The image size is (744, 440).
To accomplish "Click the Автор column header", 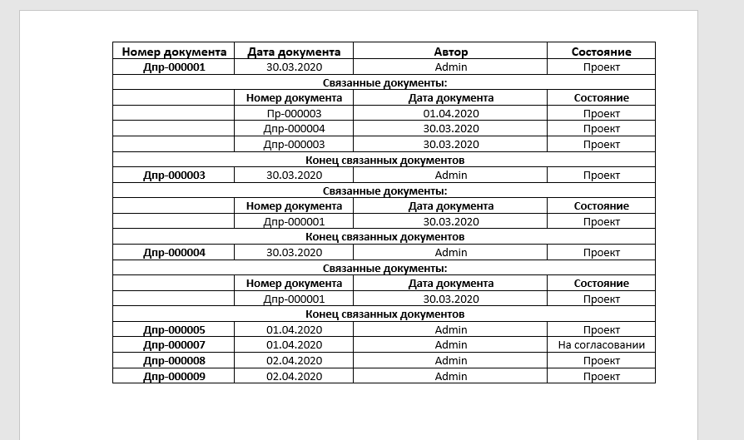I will click(450, 52).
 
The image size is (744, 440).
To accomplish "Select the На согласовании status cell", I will click(601, 345).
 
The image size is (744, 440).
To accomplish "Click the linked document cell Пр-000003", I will click(294, 113).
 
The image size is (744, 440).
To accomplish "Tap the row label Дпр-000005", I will click(174, 330).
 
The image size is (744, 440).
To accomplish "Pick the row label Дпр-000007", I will click(174, 345).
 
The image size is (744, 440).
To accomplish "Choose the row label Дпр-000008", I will click(174, 361).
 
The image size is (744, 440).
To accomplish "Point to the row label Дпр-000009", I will click(174, 376).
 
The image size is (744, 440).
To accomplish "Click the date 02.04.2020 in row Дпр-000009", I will click(294, 376).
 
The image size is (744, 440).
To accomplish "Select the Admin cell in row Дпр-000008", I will click(450, 361).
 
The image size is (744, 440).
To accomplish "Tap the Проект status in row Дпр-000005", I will click(601, 330).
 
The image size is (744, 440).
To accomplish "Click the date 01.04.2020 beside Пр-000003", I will click(450, 113).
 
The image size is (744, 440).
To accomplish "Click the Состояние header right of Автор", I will click(601, 52).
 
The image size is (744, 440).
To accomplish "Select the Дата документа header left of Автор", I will click(294, 52).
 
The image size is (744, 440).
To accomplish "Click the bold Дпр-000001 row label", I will click(174, 67).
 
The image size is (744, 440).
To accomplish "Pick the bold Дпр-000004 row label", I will click(174, 252).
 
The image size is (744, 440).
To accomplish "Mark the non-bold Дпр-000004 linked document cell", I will click(294, 129).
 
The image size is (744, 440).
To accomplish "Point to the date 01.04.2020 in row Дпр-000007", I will click(294, 345).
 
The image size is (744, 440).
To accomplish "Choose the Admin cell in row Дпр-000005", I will click(450, 330).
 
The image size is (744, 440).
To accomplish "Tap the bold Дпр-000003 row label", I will click(174, 175).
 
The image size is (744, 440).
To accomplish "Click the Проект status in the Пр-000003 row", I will click(601, 113).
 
